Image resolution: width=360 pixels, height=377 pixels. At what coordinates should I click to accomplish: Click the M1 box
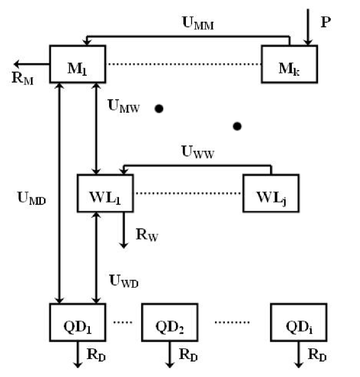pyautogui.click(x=77, y=64)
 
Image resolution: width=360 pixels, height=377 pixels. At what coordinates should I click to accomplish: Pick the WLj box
pyautogui.click(x=270, y=193)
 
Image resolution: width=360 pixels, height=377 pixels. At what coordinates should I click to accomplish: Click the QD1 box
pyautogui.click(x=77, y=322)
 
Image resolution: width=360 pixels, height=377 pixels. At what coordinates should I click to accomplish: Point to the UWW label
pyautogui.click(x=198, y=152)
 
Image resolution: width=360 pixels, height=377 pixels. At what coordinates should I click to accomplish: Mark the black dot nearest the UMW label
pyautogui.click(x=159, y=109)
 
